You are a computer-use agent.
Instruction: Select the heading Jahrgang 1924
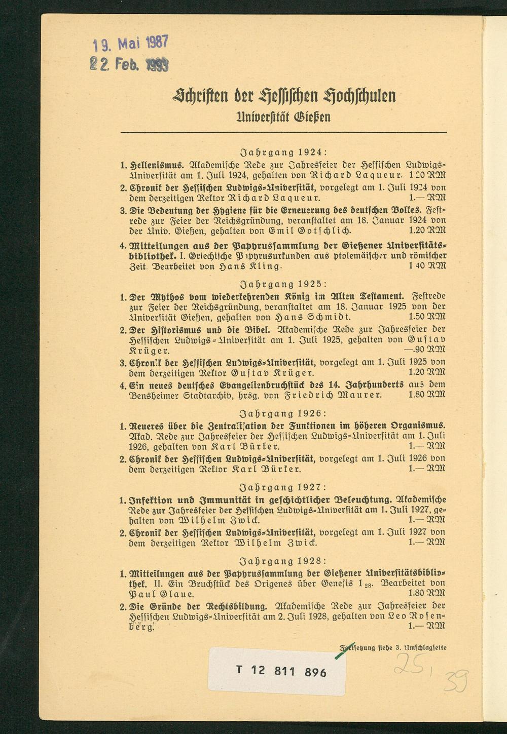coord(283,151)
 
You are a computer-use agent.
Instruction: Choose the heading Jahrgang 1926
coord(283,413)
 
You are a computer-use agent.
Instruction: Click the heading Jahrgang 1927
coord(283,487)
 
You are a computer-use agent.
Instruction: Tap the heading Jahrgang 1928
coord(283,561)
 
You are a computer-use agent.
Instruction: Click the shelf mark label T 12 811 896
coord(281,672)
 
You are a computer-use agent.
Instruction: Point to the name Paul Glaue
coord(163,594)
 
